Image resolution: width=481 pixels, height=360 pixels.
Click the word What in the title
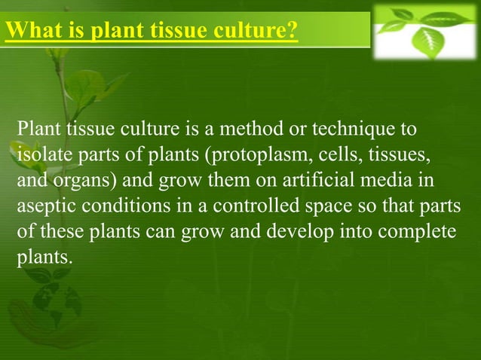[x=32, y=31]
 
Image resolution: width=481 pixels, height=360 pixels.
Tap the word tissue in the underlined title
[x=180, y=31]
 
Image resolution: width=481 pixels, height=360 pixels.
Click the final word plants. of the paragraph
[x=45, y=258]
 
